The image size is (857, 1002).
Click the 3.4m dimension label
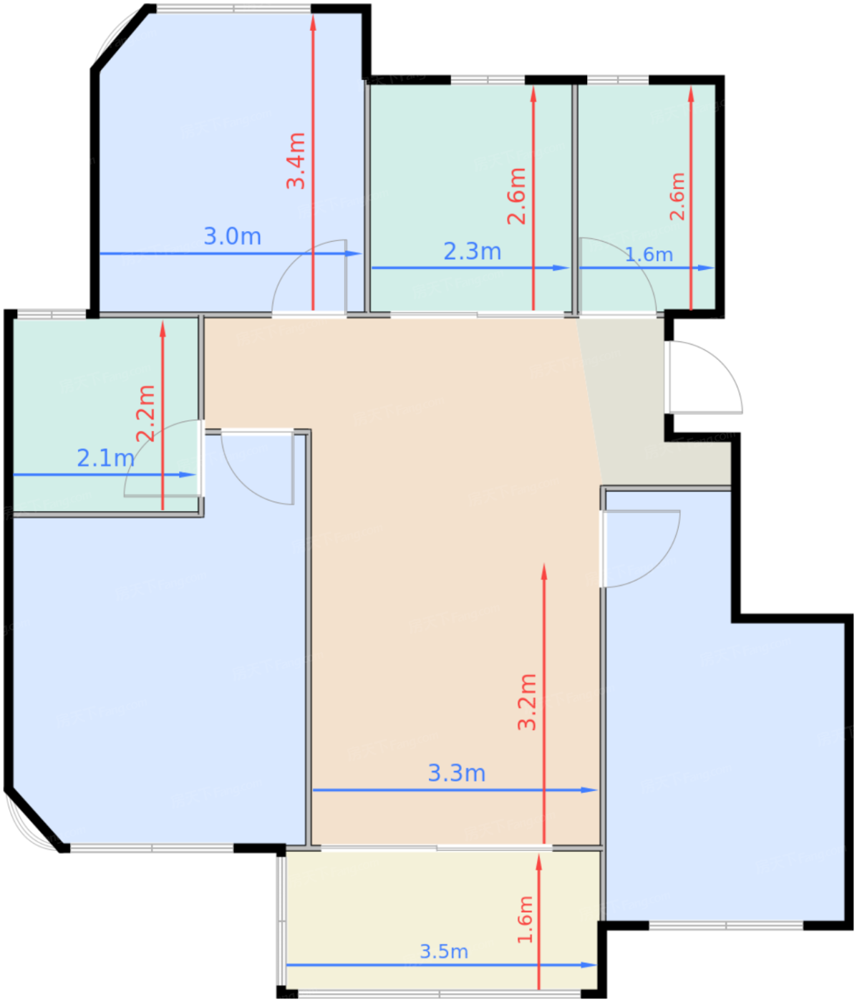pyautogui.click(x=296, y=160)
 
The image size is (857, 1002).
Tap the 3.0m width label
pyautogui.click(x=232, y=236)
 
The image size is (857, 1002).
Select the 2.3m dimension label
pyautogui.click(x=473, y=251)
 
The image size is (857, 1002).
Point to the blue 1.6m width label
pyautogui.click(x=649, y=255)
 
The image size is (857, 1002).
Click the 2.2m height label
pyautogui.click(x=145, y=414)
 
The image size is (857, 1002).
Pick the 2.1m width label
pyautogui.click(x=106, y=458)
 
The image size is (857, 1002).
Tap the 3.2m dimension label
pyautogui.click(x=527, y=702)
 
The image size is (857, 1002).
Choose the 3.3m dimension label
pyautogui.click(x=456, y=773)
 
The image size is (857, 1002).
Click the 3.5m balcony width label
pyautogui.click(x=444, y=951)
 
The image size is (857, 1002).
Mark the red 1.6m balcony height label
pyautogui.click(x=525, y=920)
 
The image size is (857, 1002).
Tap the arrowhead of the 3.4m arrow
pyautogui.click(x=313, y=24)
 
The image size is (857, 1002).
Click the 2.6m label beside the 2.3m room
pyautogui.click(x=516, y=196)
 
